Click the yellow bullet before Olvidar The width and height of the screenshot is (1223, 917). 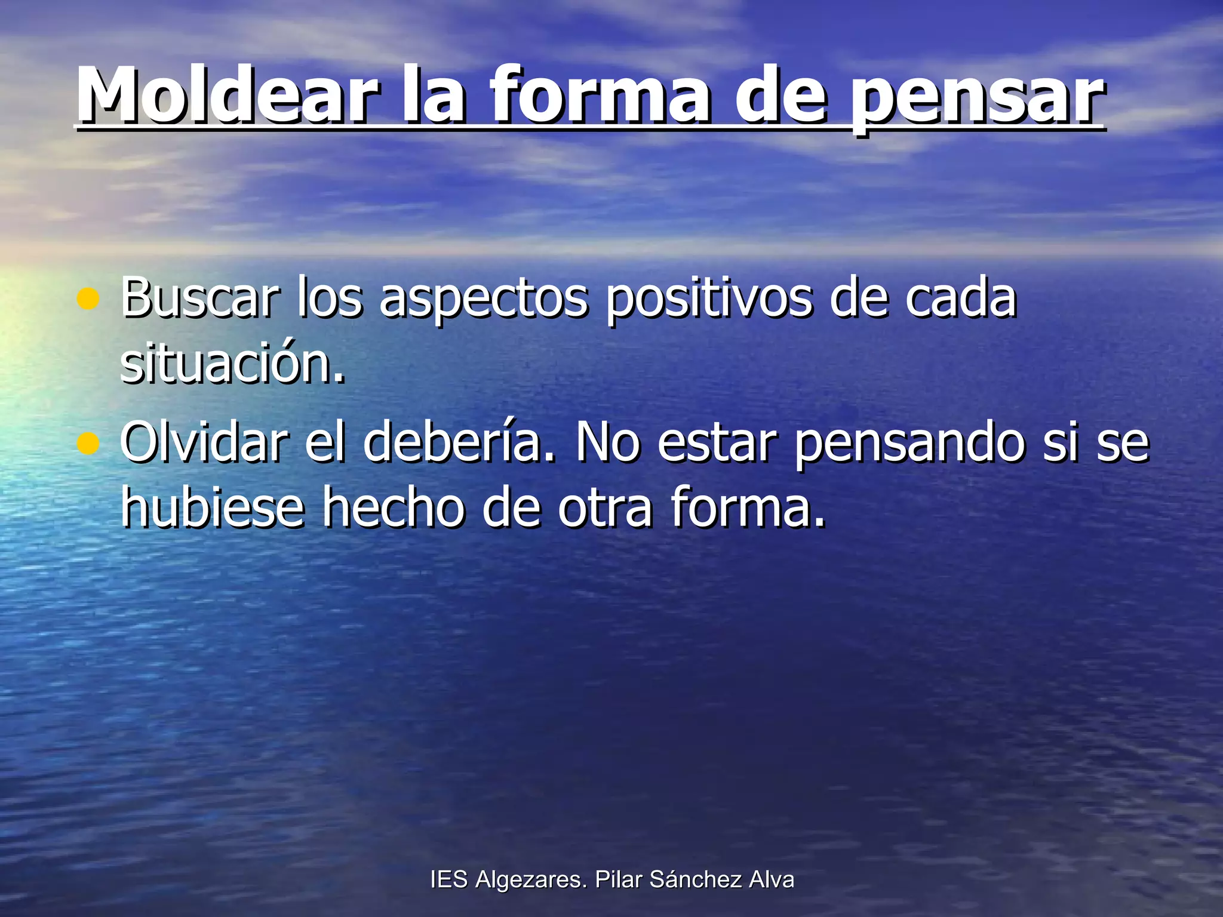(x=88, y=444)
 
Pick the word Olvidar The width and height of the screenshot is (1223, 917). (x=204, y=442)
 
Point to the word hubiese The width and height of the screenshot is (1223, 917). (x=212, y=507)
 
